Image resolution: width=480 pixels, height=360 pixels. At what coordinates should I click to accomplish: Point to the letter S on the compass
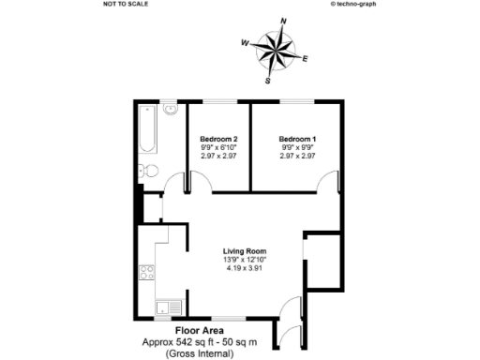point(269,81)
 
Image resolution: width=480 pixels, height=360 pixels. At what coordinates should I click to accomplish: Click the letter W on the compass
point(245,42)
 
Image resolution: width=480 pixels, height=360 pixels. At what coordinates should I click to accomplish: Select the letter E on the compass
point(306,58)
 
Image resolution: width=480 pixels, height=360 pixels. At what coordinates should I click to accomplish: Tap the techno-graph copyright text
point(353,4)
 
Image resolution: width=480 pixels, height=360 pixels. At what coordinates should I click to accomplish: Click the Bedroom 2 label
point(217,139)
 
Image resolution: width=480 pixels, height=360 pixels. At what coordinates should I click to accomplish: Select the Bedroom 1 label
point(297,139)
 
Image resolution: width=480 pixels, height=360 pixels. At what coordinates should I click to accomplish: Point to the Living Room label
point(246,251)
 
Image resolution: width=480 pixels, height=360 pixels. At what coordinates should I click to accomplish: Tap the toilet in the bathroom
point(144,172)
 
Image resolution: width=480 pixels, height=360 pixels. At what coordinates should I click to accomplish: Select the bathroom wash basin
point(172,110)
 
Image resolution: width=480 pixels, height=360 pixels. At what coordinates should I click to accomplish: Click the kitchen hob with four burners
point(147,273)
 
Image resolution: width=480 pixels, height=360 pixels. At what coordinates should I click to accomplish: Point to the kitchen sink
point(165,305)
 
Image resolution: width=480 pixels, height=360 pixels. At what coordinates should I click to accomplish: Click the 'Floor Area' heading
point(200,331)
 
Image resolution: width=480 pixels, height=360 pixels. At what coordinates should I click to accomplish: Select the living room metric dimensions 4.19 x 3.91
point(246,269)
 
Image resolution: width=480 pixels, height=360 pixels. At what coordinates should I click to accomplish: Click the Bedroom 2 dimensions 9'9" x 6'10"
point(217,147)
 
